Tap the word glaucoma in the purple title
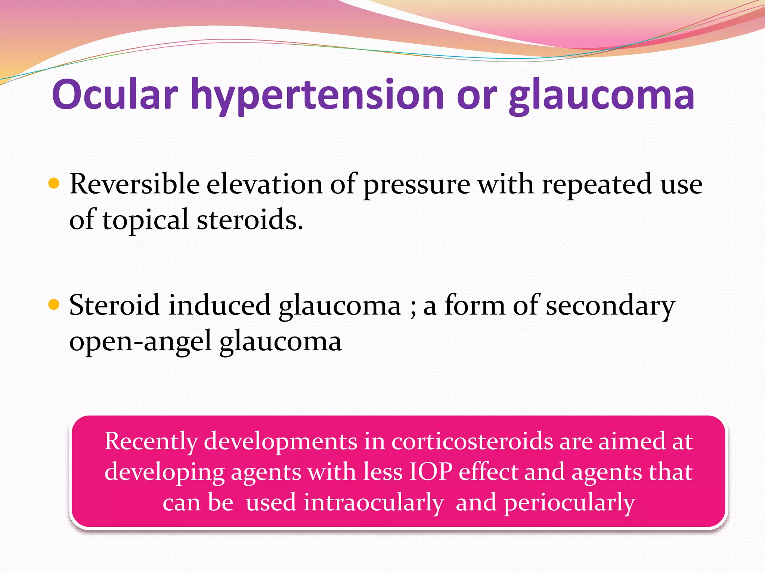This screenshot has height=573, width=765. click(x=601, y=96)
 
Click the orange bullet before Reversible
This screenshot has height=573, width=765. click(x=54, y=184)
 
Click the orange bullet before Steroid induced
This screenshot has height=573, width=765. click(x=54, y=304)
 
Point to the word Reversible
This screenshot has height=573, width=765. click(x=134, y=184)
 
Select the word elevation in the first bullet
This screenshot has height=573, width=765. click(x=264, y=184)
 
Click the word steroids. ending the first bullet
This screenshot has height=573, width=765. click(x=250, y=220)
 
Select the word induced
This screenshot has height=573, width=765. click(x=220, y=305)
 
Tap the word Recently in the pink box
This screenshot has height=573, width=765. click(x=151, y=442)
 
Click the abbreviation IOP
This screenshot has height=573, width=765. click(x=431, y=472)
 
